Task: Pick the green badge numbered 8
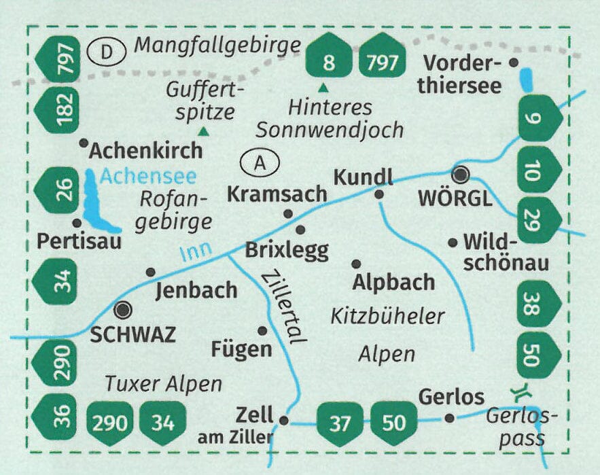[x=330, y=56]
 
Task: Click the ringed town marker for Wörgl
[x=462, y=175]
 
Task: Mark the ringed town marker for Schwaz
[x=123, y=311]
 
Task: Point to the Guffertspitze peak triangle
[x=202, y=131]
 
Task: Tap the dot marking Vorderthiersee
[x=514, y=63]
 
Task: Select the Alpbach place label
[x=393, y=281]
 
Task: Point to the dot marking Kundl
[x=379, y=194]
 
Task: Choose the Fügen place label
[x=241, y=350]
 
